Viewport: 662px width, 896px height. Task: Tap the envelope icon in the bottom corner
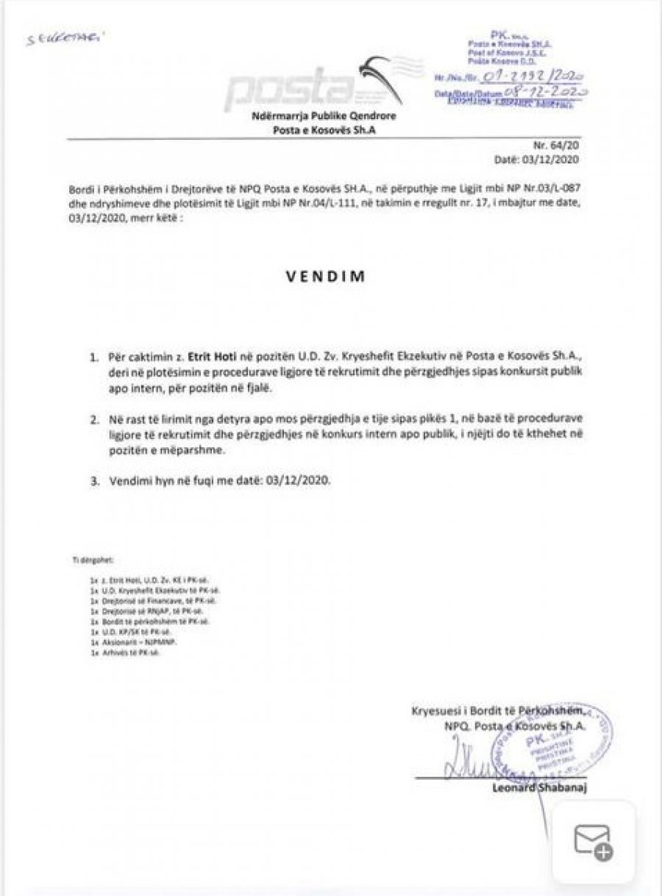coord(593,841)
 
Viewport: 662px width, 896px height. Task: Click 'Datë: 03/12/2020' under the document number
coord(547,158)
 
